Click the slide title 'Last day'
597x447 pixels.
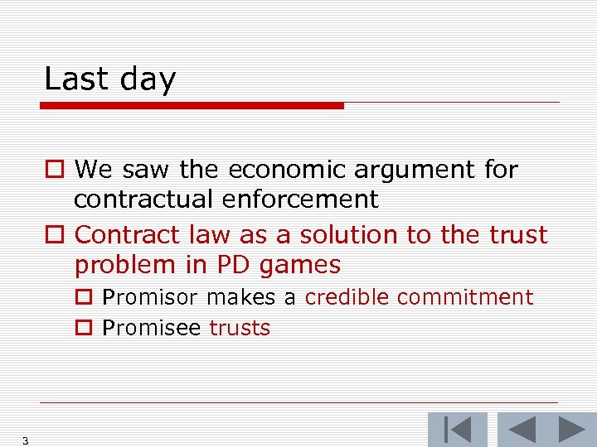pyautogui.click(x=109, y=79)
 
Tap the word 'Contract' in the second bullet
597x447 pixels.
pyautogui.click(x=125, y=235)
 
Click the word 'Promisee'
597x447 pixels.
pyautogui.click(x=152, y=328)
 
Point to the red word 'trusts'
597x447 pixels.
pyautogui.click(x=240, y=328)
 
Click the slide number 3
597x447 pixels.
pyautogui.click(x=26, y=441)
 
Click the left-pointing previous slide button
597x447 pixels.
pyautogui.click(x=522, y=430)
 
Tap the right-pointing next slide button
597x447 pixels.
pyautogui.click(x=571, y=430)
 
